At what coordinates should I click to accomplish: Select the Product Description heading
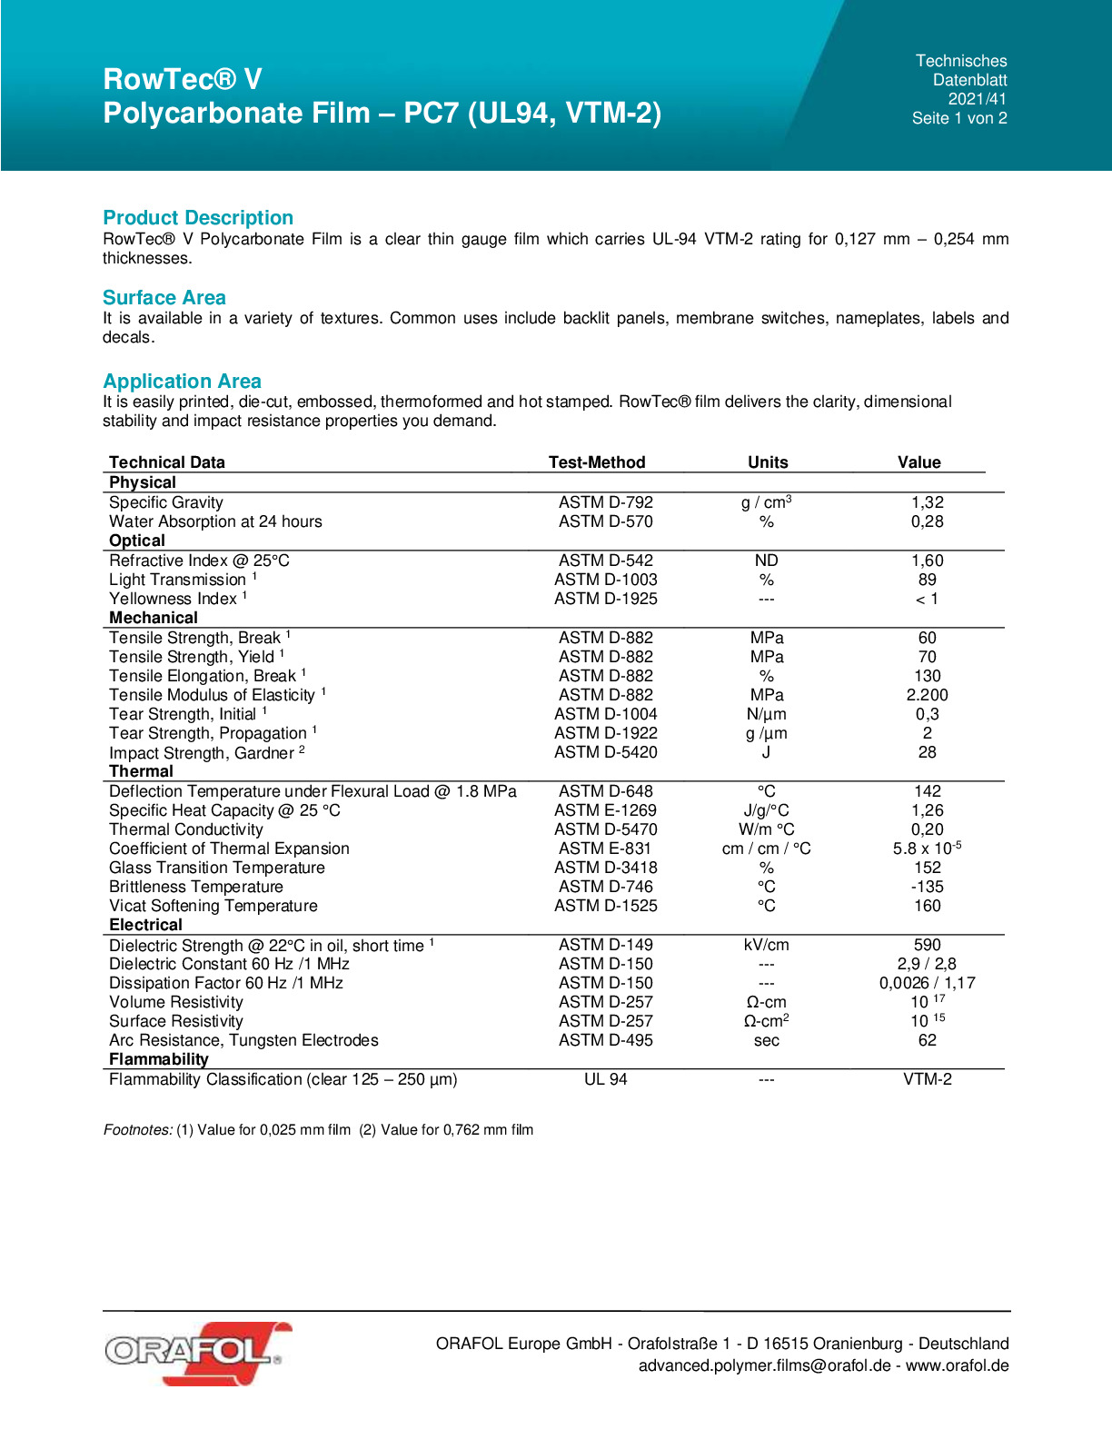(x=198, y=218)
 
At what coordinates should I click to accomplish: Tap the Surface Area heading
(x=164, y=298)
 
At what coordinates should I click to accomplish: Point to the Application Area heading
(x=182, y=382)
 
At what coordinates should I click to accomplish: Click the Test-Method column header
(x=597, y=462)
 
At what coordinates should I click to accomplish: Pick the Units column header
(x=768, y=462)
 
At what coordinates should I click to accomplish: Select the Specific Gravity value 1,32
(x=927, y=502)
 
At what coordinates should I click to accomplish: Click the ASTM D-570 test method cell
(x=605, y=521)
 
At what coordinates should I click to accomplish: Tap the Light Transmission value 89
(x=927, y=580)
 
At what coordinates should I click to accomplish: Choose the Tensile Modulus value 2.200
(x=927, y=695)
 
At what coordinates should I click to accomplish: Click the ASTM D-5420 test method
(x=605, y=752)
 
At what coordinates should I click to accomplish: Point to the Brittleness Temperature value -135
(x=927, y=887)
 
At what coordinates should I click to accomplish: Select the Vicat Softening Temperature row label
(x=213, y=906)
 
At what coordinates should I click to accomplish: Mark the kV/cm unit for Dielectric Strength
(x=767, y=945)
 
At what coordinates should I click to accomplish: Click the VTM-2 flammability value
(x=927, y=1079)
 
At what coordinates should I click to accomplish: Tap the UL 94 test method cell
(x=605, y=1079)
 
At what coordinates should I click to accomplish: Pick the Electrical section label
(x=145, y=925)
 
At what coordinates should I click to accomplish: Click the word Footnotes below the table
(x=137, y=1130)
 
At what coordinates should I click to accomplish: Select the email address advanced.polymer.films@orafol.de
(x=764, y=1365)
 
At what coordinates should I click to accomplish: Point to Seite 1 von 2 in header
(x=959, y=118)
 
